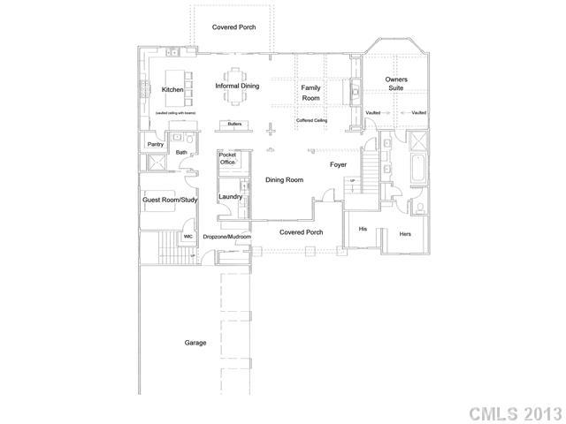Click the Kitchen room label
[172, 89]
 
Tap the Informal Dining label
[237, 86]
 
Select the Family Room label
[310, 92]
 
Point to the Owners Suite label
[396, 84]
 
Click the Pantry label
[156, 143]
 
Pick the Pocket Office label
[227, 159]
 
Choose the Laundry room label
[231, 196]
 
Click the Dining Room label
[284, 180]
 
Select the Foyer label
[339, 164]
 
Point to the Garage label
[195, 343]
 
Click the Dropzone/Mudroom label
[227, 237]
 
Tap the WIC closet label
[188, 237]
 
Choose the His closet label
[363, 229]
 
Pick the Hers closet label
[406, 234]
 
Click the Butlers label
[234, 125]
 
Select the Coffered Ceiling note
[312, 119]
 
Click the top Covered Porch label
[234, 27]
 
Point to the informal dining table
[234, 86]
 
